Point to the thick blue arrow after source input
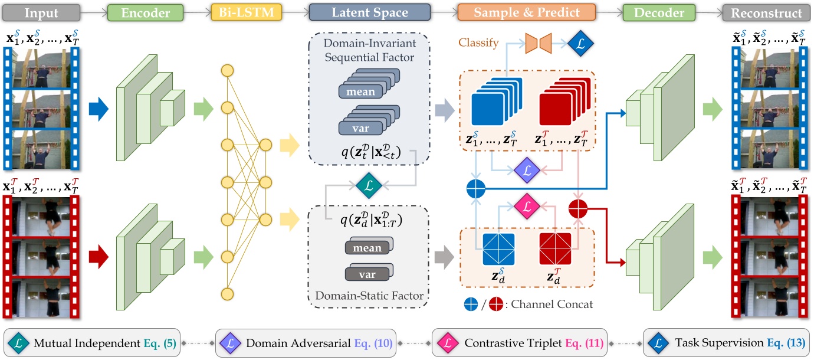(x=99, y=109)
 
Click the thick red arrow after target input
(x=99, y=257)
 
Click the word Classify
(x=478, y=43)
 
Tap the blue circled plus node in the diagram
(x=475, y=189)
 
